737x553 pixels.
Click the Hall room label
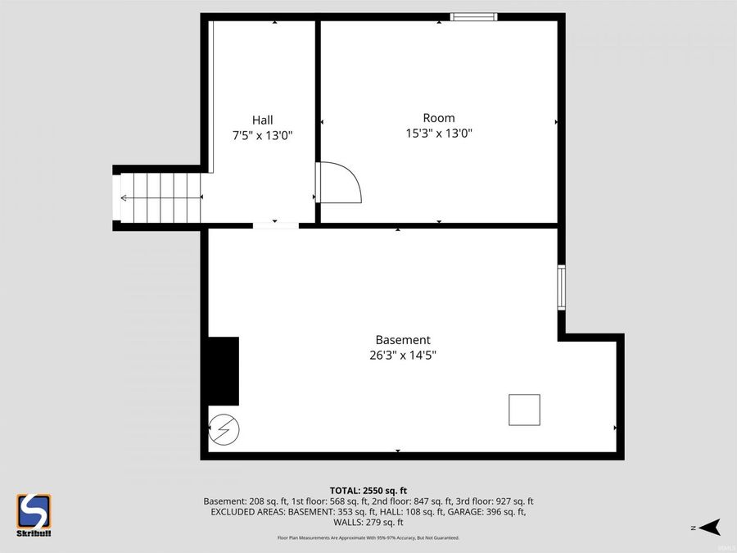point(262,120)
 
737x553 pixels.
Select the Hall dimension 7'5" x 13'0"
point(262,136)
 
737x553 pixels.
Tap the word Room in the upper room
point(439,118)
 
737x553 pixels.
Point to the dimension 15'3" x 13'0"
point(439,134)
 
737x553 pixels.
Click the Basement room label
point(402,340)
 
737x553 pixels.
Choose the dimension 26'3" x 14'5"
point(402,356)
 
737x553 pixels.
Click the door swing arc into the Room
point(342,182)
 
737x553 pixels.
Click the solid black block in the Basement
point(224,371)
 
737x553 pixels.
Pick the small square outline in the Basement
point(524,410)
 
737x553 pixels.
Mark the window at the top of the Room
point(474,16)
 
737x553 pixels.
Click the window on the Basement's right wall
point(562,287)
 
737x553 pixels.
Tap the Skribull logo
point(34,515)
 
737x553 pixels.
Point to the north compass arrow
point(708,527)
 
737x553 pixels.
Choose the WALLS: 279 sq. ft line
point(368,523)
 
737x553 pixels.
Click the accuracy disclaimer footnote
point(368,538)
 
